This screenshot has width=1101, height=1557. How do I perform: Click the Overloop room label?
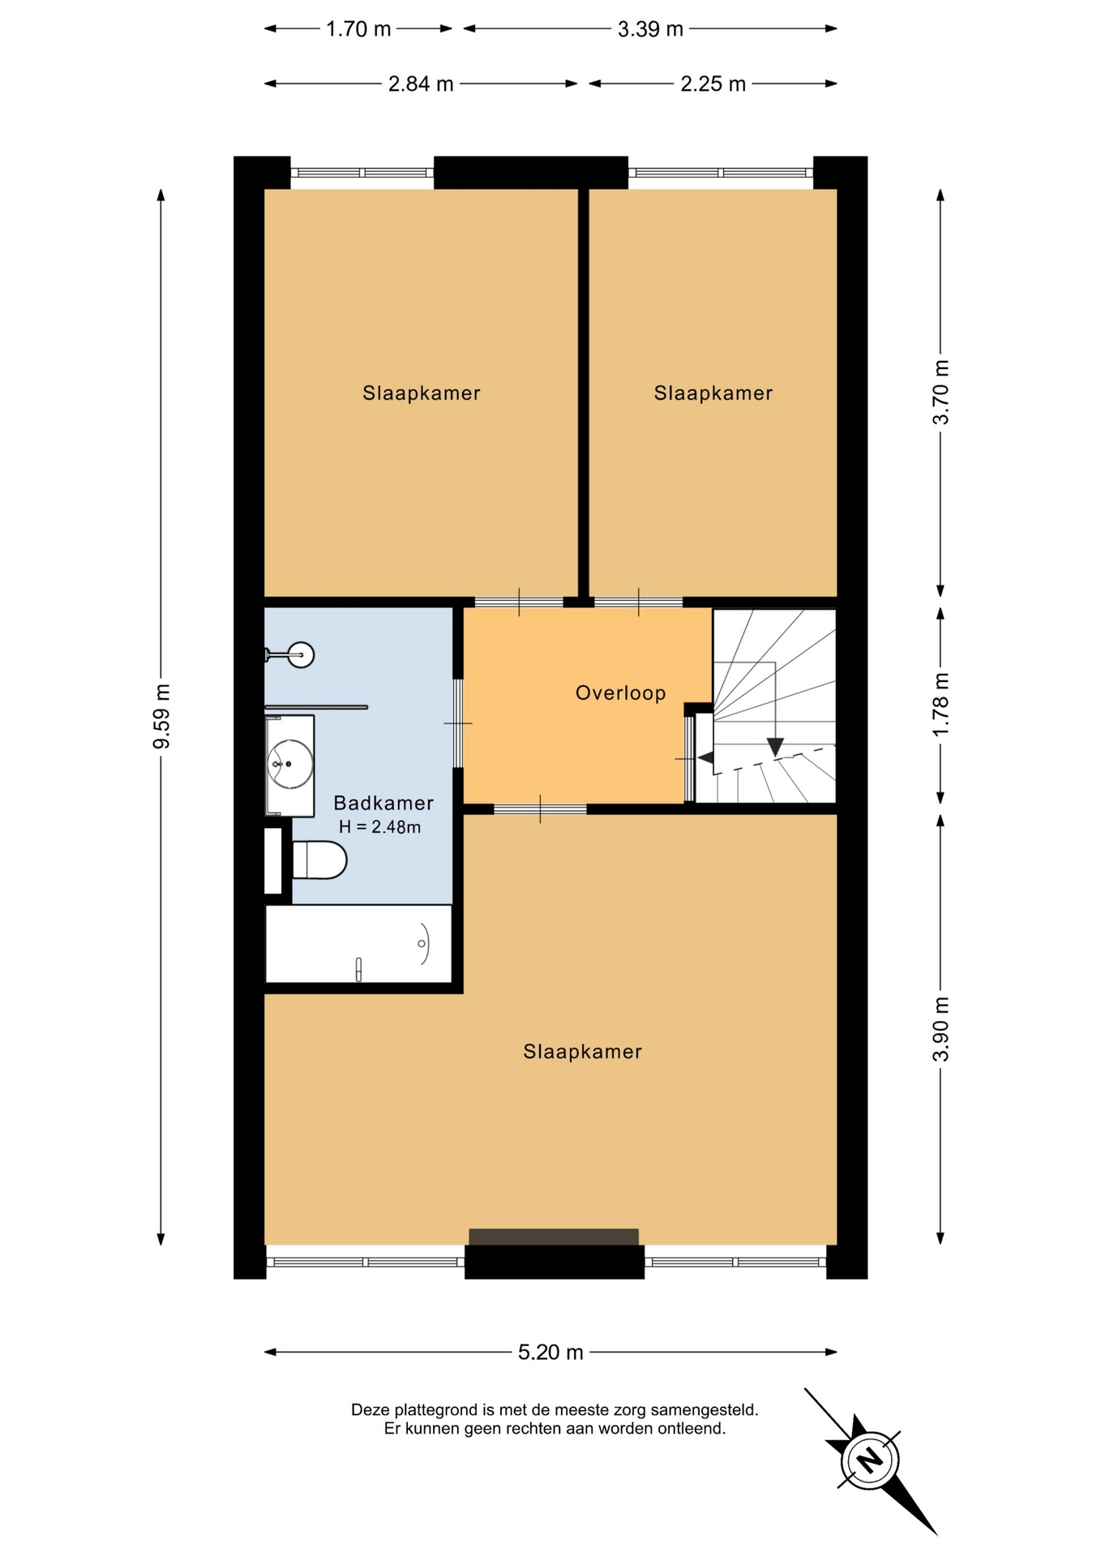click(620, 693)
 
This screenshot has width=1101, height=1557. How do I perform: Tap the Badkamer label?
click(383, 803)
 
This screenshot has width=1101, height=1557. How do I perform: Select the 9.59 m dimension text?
click(161, 717)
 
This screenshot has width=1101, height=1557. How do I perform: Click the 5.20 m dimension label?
click(550, 1352)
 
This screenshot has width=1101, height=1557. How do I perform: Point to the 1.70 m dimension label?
click(358, 29)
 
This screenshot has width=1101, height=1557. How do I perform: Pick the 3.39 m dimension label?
click(650, 29)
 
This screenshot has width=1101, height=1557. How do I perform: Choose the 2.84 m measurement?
click(421, 84)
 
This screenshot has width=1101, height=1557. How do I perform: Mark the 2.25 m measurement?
click(713, 84)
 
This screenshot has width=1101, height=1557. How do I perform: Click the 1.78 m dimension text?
click(940, 705)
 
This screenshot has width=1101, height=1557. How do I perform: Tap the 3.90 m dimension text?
click(940, 1029)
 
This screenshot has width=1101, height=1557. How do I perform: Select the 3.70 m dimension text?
click(940, 392)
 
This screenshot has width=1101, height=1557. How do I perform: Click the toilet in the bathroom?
click(319, 860)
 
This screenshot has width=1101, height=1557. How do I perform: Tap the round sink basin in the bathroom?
click(291, 764)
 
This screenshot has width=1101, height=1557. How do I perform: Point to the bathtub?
click(358, 944)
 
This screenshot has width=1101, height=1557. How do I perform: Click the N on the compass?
click(870, 1460)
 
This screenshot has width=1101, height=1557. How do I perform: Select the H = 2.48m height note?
click(379, 828)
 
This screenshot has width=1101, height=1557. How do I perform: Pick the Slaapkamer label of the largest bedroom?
click(582, 1052)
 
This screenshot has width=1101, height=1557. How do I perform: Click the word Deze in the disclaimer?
click(369, 1410)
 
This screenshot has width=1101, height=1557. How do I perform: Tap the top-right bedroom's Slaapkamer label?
click(713, 393)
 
